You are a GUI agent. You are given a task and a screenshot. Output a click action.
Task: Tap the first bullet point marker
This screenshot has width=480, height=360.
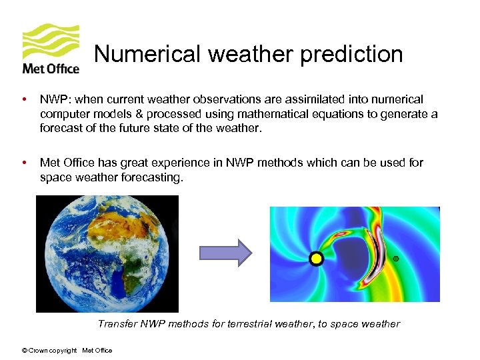[25, 99]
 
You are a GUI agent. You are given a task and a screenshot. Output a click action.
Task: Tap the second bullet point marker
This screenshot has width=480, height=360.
[25, 163]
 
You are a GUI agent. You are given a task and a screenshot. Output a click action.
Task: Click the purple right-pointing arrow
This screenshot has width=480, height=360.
[225, 253]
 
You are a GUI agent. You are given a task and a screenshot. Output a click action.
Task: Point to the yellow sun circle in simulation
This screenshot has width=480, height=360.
[316, 259]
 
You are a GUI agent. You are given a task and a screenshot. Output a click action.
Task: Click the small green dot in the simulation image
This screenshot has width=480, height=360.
[395, 258]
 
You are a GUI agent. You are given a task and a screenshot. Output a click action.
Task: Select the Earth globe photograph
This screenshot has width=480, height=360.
[107, 253]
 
